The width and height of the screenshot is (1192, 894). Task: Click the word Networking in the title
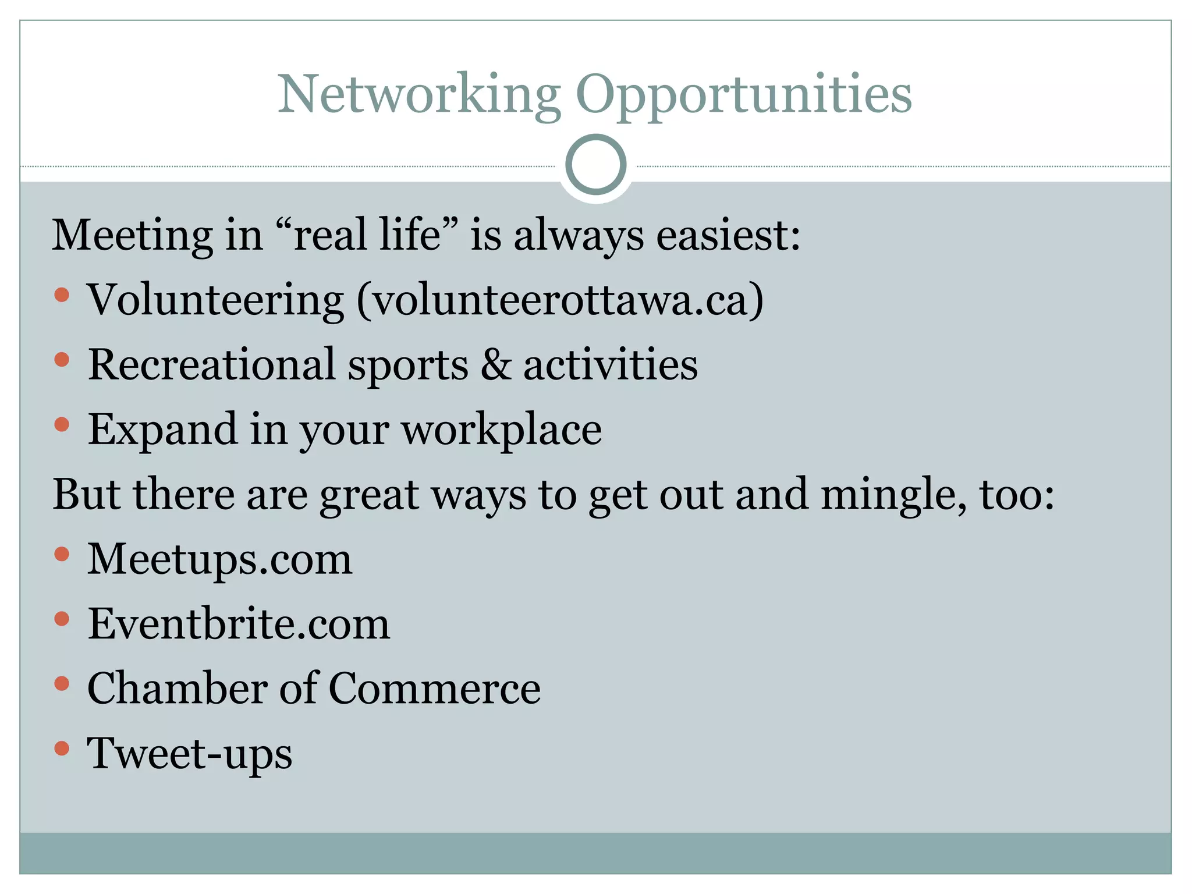pyautogui.click(x=419, y=94)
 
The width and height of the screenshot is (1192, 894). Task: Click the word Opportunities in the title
pyautogui.click(x=743, y=94)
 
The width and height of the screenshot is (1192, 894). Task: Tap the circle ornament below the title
pyautogui.click(x=595, y=165)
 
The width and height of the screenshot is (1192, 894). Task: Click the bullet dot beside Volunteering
pyautogui.click(x=62, y=295)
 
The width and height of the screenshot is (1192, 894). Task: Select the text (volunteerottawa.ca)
pyautogui.click(x=559, y=300)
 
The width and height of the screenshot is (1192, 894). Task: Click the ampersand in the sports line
pyautogui.click(x=496, y=365)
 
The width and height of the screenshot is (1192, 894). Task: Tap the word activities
pyautogui.click(x=610, y=365)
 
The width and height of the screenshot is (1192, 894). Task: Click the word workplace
pyautogui.click(x=502, y=430)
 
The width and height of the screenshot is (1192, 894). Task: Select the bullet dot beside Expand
pyautogui.click(x=62, y=424)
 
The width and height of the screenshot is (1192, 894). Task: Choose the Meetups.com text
pyautogui.click(x=219, y=559)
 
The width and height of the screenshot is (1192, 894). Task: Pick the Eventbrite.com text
pyautogui.click(x=239, y=624)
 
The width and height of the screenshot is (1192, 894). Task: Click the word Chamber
pyautogui.click(x=178, y=689)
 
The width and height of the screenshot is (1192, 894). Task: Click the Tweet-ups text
pyautogui.click(x=189, y=754)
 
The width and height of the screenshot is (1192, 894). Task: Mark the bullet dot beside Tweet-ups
pyautogui.click(x=62, y=748)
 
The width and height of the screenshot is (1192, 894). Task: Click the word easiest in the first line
pyautogui.click(x=728, y=235)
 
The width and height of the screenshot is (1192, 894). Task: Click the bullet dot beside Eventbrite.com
pyautogui.click(x=62, y=618)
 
